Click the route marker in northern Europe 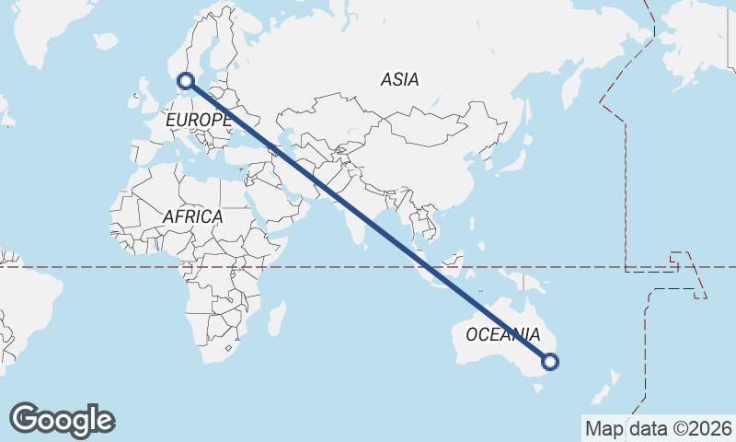(187, 81)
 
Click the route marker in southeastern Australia (550, 362)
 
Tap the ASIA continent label (399, 80)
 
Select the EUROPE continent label (198, 120)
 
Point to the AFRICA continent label (192, 216)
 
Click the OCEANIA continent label (502, 334)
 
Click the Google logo (62, 420)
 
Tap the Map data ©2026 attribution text (658, 428)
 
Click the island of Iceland (107, 41)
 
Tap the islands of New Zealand (612, 387)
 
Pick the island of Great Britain (144, 94)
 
